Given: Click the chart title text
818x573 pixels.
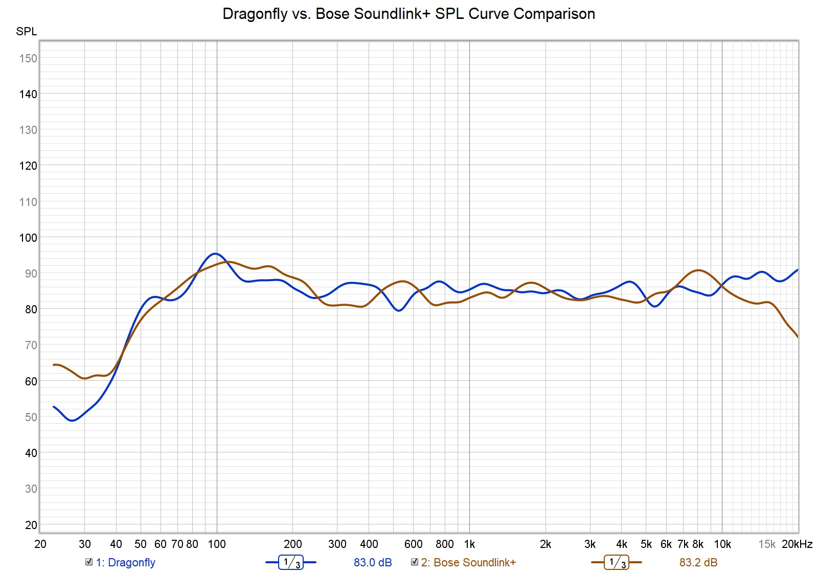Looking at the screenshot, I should (x=408, y=14).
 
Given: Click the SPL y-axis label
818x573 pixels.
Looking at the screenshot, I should (x=27, y=32).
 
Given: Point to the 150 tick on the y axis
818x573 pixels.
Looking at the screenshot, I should (x=28, y=58).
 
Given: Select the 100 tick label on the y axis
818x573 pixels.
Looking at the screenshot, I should (x=28, y=238).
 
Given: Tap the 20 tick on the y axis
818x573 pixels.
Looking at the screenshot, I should (x=31, y=525).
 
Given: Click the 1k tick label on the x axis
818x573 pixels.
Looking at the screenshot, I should (x=469, y=544).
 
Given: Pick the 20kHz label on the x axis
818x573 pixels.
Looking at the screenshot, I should (x=797, y=544).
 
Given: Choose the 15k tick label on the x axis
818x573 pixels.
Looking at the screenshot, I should (x=766, y=544).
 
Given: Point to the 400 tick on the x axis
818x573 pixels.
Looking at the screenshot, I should (x=369, y=544).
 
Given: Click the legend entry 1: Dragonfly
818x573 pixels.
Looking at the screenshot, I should (x=125, y=563).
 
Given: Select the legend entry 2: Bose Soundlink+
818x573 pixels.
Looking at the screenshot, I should (x=468, y=563).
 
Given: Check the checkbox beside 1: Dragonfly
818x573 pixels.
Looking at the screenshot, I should (x=89, y=562).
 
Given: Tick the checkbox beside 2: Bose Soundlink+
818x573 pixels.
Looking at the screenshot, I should (x=415, y=562).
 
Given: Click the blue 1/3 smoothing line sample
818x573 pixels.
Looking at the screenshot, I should (x=290, y=563).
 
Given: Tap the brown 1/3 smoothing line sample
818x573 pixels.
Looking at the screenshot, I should (x=616, y=563).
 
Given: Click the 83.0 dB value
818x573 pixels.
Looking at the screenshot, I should (x=373, y=563).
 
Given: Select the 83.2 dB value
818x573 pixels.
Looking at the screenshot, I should (x=698, y=563).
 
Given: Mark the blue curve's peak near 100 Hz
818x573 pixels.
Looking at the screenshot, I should (x=215, y=254).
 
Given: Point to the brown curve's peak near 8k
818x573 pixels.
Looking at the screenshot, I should (x=698, y=270).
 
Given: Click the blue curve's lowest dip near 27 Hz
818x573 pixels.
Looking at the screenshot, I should (x=72, y=420).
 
